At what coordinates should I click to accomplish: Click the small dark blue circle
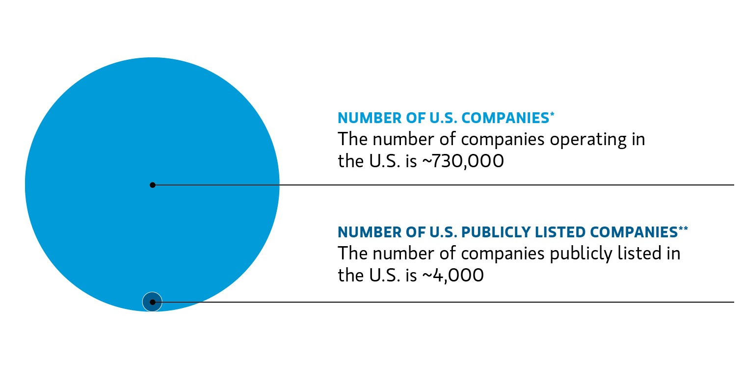(x=152, y=302)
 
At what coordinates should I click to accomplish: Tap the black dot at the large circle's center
(x=153, y=185)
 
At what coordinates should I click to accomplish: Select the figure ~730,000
(x=463, y=161)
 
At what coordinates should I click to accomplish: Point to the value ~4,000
(x=452, y=275)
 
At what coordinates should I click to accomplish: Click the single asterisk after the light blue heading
(x=552, y=114)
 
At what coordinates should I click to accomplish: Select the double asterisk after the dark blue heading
(x=683, y=229)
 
